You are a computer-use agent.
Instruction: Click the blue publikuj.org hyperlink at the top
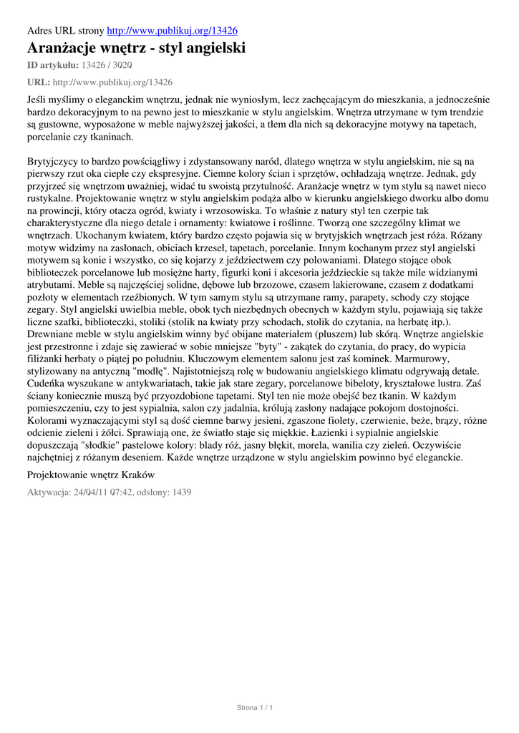click(172, 31)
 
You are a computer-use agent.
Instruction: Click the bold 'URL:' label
click(38, 82)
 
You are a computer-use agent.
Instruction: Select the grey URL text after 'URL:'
click(112, 82)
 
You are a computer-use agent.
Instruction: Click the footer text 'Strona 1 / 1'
click(256, 708)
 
